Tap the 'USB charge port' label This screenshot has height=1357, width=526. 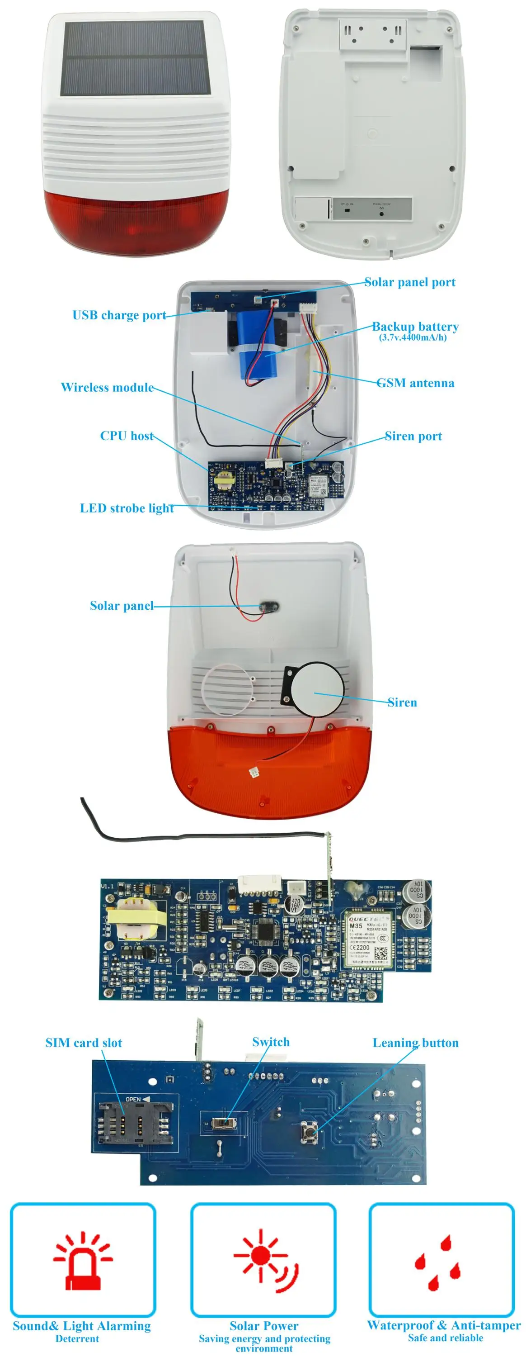[119, 315]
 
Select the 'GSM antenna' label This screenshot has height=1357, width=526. [415, 383]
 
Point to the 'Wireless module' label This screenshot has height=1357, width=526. [107, 387]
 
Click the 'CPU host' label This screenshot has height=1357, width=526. [127, 436]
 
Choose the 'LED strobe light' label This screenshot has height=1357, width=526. [127, 508]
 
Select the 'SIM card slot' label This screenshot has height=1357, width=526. [83, 1043]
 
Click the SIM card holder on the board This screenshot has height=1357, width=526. [134, 1124]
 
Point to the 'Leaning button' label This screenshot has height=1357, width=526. [415, 1043]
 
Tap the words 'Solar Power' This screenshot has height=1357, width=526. [263, 1325]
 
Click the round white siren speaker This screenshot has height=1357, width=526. [318, 688]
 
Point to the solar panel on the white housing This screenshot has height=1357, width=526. [137, 58]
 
